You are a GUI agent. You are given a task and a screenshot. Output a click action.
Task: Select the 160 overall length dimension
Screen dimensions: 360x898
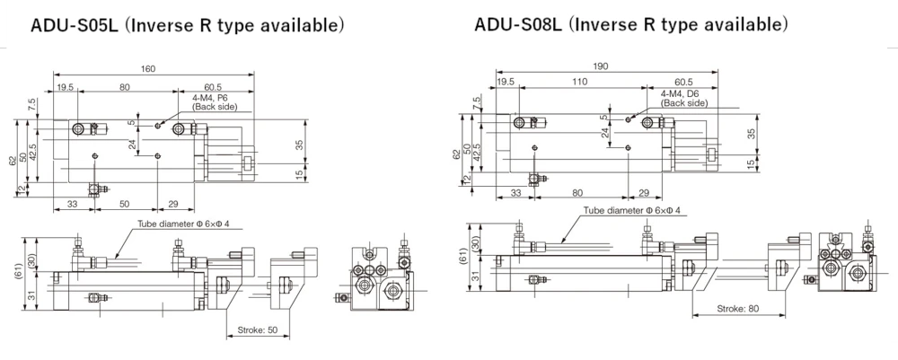[x=148, y=69]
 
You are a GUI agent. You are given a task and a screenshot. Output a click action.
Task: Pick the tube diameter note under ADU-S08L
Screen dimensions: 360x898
[x=632, y=211]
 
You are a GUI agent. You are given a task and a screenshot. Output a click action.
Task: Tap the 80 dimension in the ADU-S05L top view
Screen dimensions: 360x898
[x=124, y=86]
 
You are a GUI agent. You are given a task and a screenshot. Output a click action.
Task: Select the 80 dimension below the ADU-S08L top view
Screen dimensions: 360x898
[x=577, y=191]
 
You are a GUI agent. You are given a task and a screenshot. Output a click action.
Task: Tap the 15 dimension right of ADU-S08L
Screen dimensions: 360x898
[x=751, y=163]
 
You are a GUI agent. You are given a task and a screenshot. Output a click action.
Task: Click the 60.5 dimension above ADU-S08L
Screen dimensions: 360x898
[x=682, y=82]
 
